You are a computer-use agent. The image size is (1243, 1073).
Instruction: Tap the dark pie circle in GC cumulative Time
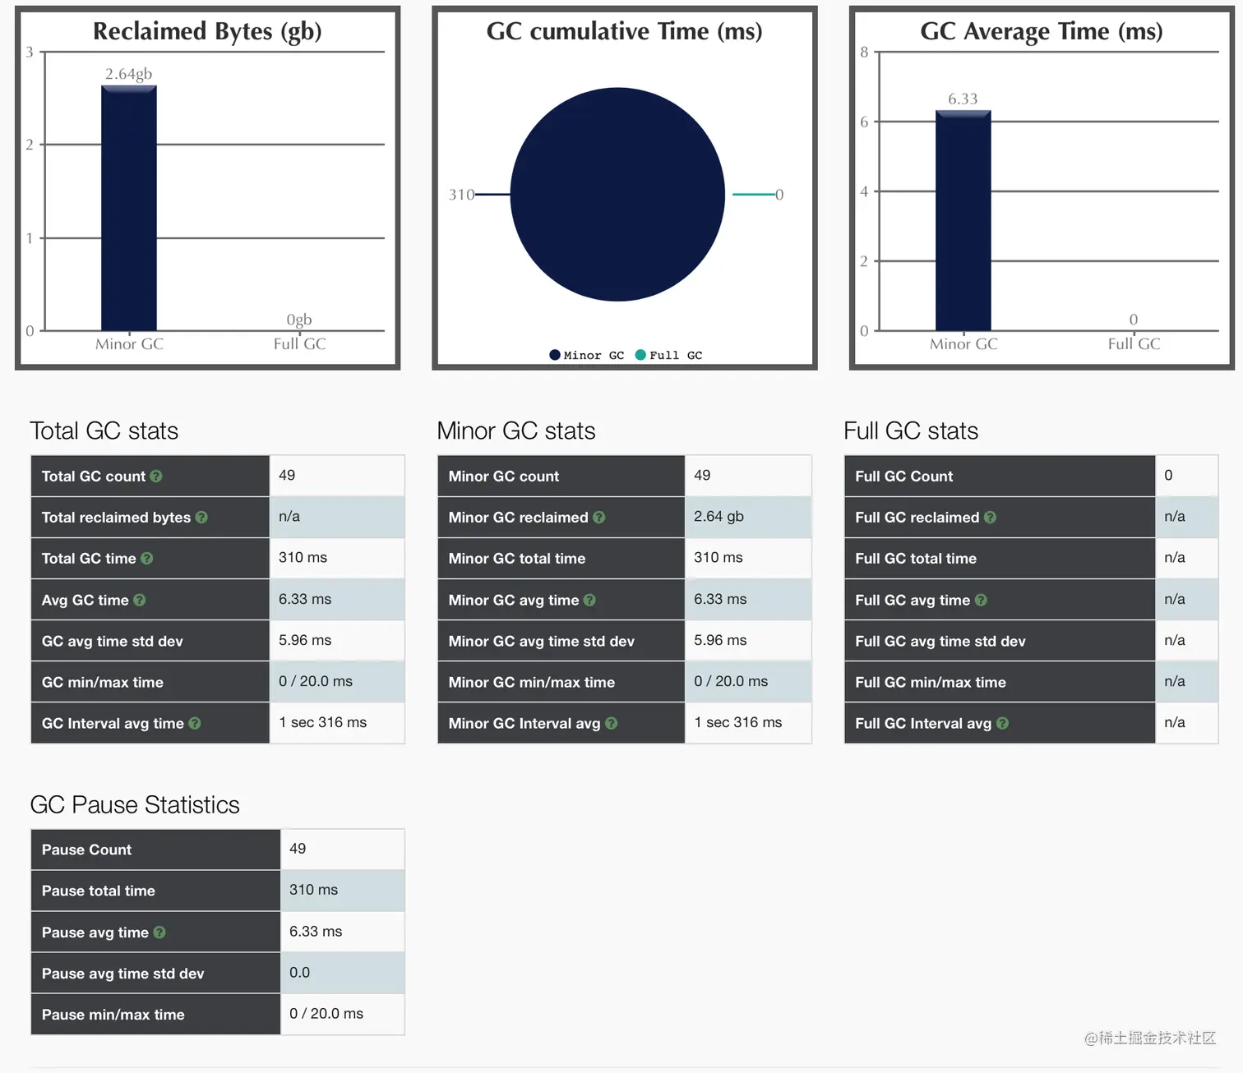click(617, 195)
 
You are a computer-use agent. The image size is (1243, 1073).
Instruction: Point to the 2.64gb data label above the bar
click(129, 74)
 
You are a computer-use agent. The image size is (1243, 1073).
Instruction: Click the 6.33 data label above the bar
click(963, 99)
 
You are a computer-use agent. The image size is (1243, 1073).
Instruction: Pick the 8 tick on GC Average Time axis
click(864, 53)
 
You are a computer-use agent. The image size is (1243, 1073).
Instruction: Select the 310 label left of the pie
click(461, 195)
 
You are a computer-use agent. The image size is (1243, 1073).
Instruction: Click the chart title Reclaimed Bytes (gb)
click(207, 31)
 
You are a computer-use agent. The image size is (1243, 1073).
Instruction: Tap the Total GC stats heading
click(104, 431)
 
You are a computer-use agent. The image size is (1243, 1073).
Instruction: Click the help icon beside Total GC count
click(156, 477)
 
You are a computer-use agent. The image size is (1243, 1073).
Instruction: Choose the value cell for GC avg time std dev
click(337, 641)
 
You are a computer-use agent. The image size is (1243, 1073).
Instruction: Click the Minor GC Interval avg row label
click(524, 723)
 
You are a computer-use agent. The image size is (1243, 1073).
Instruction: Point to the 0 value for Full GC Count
click(1168, 476)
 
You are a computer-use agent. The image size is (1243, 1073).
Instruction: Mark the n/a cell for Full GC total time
click(1175, 558)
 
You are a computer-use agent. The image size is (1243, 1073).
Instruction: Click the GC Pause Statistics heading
click(135, 804)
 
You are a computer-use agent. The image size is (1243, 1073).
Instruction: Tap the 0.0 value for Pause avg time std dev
click(300, 973)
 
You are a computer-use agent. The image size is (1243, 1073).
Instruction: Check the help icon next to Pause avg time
click(159, 933)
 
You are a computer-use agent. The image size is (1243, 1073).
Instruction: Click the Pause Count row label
click(86, 850)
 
